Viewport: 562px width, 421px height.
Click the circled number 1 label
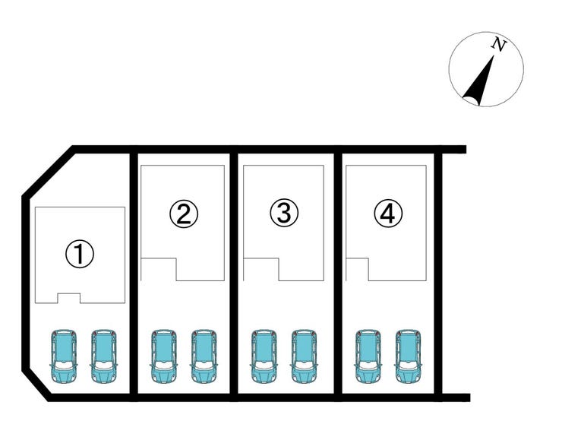point(80,254)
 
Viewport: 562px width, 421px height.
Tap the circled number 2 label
point(184,214)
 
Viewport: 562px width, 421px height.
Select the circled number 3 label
point(284,213)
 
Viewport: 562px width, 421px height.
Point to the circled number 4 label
point(388,213)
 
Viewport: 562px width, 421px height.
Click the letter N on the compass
point(498,45)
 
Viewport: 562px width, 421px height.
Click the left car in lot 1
point(64,357)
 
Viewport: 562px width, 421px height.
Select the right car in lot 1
point(103,357)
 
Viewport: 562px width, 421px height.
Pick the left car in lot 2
point(164,357)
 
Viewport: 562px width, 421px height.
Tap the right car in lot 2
point(204,357)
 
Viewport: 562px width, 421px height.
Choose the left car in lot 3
point(264,357)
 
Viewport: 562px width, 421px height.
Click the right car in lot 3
point(304,357)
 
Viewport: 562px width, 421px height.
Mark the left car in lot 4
point(368,357)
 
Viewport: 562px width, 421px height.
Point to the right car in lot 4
point(408,357)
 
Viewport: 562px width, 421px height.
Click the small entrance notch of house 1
point(69,298)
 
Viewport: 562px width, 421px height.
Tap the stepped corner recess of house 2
point(159,269)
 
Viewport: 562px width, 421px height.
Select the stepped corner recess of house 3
point(261,269)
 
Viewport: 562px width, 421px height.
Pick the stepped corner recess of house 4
point(357,269)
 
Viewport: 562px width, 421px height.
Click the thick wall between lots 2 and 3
point(234,274)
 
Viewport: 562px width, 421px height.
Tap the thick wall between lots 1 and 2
point(134,274)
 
